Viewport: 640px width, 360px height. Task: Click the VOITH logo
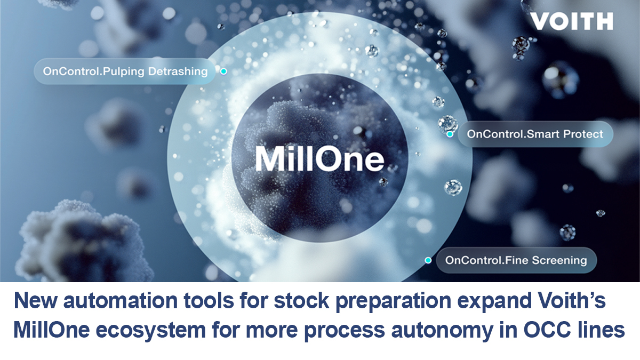(x=571, y=21)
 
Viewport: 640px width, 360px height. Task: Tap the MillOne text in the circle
(x=319, y=158)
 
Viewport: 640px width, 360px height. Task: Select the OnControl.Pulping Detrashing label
(x=125, y=71)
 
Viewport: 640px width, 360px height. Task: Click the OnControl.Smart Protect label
(x=535, y=133)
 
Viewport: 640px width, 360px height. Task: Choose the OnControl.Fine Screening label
(x=515, y=260)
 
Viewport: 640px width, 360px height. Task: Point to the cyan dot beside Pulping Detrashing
(x=223, y=71)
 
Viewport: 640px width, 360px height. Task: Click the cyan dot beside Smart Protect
(x=450, y=134)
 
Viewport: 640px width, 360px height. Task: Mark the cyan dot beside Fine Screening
(x=428, y=260)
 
